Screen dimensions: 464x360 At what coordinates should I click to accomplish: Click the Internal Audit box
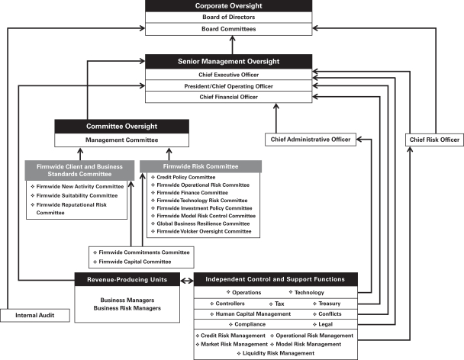coord(35,315)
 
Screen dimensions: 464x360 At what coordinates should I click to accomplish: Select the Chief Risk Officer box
coord(434,140)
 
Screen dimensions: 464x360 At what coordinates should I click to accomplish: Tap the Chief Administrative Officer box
coord(311,140)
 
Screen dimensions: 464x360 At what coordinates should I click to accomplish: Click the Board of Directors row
coord(228,17)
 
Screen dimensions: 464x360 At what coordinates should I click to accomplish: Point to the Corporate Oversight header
coord(228,6)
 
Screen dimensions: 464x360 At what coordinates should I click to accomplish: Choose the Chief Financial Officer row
coord(228,97)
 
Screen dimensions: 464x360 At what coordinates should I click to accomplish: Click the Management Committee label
coord(121,140)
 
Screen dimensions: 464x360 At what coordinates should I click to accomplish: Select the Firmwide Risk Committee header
coord(201,166)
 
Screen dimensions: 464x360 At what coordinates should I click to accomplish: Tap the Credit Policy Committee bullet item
coord(183,177)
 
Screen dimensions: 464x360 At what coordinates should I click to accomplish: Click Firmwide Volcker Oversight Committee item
coord(201,231)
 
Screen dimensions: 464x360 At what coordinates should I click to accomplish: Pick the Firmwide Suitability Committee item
coord(74,195)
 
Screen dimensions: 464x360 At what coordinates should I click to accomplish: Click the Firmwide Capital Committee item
coord(132,262)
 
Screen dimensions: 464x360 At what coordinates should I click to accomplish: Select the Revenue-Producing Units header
coord(127,280)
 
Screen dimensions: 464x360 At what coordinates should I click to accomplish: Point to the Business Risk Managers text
coord(127,308)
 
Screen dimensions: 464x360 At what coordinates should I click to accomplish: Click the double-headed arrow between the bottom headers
coord(187,281)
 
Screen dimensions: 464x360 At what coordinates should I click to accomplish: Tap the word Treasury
coord(330,304)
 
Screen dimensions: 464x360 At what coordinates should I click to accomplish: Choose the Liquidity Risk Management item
coord(275,353)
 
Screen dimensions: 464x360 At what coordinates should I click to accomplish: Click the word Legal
coord(326,324)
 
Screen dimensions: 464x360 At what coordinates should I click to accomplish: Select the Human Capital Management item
coord(250,313)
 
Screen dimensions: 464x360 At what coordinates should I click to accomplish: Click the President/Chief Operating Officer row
coord(228,86)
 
